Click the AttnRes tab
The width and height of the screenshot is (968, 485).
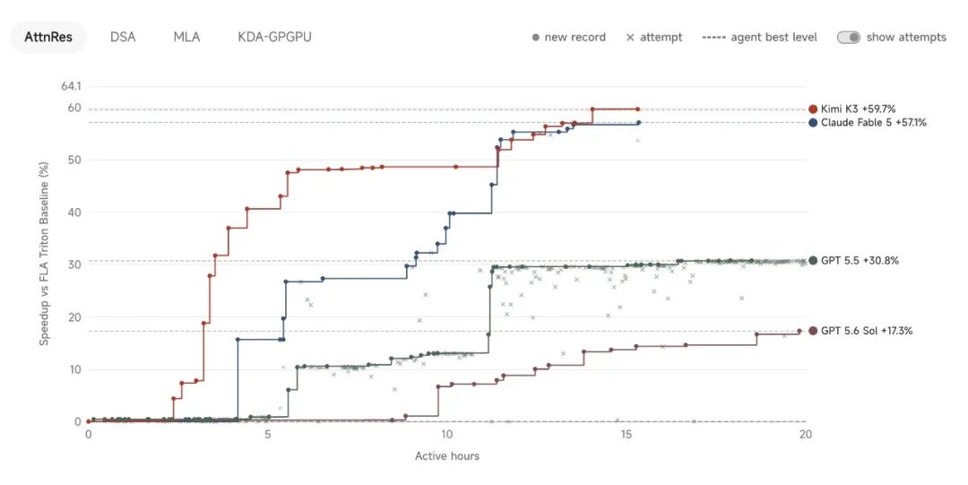48,37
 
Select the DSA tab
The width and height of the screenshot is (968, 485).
123,37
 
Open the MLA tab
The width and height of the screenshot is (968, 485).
186,37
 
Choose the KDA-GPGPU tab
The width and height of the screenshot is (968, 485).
275,37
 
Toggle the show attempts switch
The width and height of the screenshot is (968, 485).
848,37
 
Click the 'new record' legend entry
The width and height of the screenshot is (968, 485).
568,37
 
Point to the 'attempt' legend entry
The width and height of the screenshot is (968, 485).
654,37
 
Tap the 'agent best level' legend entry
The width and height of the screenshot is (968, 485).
759,37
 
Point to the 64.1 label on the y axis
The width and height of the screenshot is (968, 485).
71,86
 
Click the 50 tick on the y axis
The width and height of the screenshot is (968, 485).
74,160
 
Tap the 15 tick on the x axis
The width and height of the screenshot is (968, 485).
626,434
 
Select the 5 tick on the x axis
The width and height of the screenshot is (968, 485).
268,434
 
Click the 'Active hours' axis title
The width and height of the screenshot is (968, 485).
447,456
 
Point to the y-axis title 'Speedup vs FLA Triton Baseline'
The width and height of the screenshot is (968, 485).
44,254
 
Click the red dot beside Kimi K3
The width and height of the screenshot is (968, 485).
813,109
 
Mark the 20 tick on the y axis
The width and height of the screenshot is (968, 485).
74,317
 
